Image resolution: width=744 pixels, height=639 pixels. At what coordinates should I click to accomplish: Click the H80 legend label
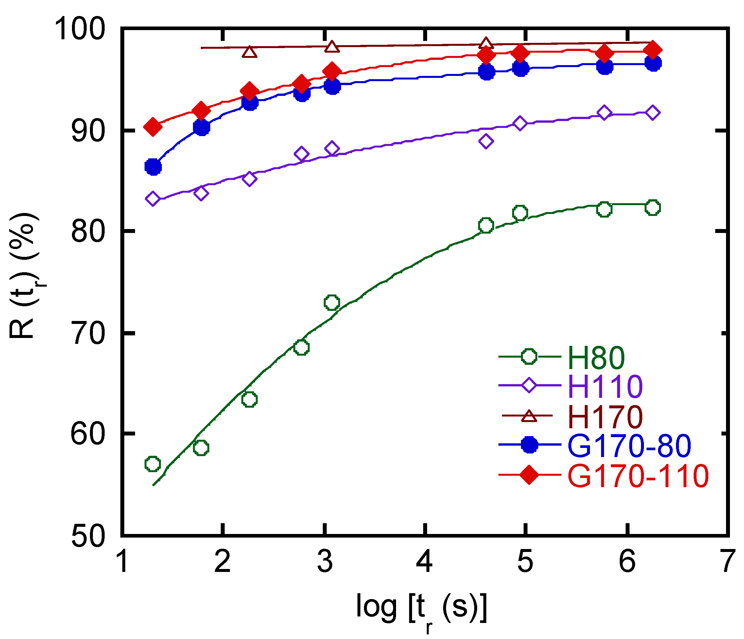tap(597, 358)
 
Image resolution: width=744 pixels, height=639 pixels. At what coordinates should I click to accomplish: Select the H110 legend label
tap(605, 387)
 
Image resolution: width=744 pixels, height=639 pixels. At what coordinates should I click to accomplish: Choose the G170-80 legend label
tap(629, 446)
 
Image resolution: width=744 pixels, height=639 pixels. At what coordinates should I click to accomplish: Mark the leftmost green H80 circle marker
tap(153, 464)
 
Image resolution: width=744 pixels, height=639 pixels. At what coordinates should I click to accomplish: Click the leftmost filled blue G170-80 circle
tap(153, 167)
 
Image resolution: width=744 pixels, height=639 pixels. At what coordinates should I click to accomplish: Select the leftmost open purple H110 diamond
tap(153, 198)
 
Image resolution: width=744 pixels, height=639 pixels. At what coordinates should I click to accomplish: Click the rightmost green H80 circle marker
tap(652, 208)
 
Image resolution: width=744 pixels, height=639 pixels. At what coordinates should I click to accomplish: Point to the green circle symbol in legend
tap(529, 357)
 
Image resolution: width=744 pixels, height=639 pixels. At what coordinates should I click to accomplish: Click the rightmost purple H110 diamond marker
tap(652, 113)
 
